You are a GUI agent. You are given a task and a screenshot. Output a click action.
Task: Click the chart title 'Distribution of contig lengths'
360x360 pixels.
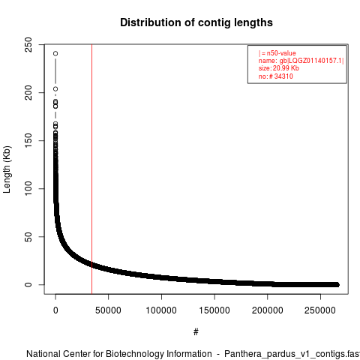196,22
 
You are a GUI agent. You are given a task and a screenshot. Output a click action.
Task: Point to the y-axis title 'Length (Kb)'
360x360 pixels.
7,169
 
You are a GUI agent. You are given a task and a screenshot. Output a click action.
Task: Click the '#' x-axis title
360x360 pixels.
196,332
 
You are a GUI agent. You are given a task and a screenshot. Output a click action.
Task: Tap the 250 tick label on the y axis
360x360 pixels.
28,44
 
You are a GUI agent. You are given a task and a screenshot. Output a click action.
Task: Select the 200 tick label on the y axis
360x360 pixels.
28,92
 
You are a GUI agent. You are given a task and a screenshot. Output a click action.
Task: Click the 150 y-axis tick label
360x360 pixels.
28,140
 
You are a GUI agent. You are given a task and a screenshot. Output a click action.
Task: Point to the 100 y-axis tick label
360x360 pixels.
28,188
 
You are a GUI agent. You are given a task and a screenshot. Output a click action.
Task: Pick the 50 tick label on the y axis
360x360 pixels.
28,237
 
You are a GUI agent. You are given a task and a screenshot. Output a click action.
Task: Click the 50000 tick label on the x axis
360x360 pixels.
108,310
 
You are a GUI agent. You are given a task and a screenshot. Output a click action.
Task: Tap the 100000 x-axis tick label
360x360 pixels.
161,310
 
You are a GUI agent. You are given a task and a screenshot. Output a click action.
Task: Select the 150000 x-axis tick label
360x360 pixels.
214,310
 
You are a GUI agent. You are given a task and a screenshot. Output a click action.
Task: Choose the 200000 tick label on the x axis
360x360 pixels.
267,310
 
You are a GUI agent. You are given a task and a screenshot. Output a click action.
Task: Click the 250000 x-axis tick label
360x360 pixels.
320,310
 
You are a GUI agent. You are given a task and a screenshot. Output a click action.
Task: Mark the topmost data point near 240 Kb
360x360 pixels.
55,53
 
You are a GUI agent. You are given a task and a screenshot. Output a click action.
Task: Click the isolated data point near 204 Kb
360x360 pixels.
55,89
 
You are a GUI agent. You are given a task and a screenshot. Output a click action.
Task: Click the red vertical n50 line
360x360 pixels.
92,169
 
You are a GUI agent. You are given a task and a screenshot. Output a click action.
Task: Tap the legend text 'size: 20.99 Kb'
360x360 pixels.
279,68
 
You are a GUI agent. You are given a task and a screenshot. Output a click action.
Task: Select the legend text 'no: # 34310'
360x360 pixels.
276,76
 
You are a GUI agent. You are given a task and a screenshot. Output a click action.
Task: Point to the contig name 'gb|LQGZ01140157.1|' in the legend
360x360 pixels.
311,61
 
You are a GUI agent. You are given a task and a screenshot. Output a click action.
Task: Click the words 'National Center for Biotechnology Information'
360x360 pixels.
119,354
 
